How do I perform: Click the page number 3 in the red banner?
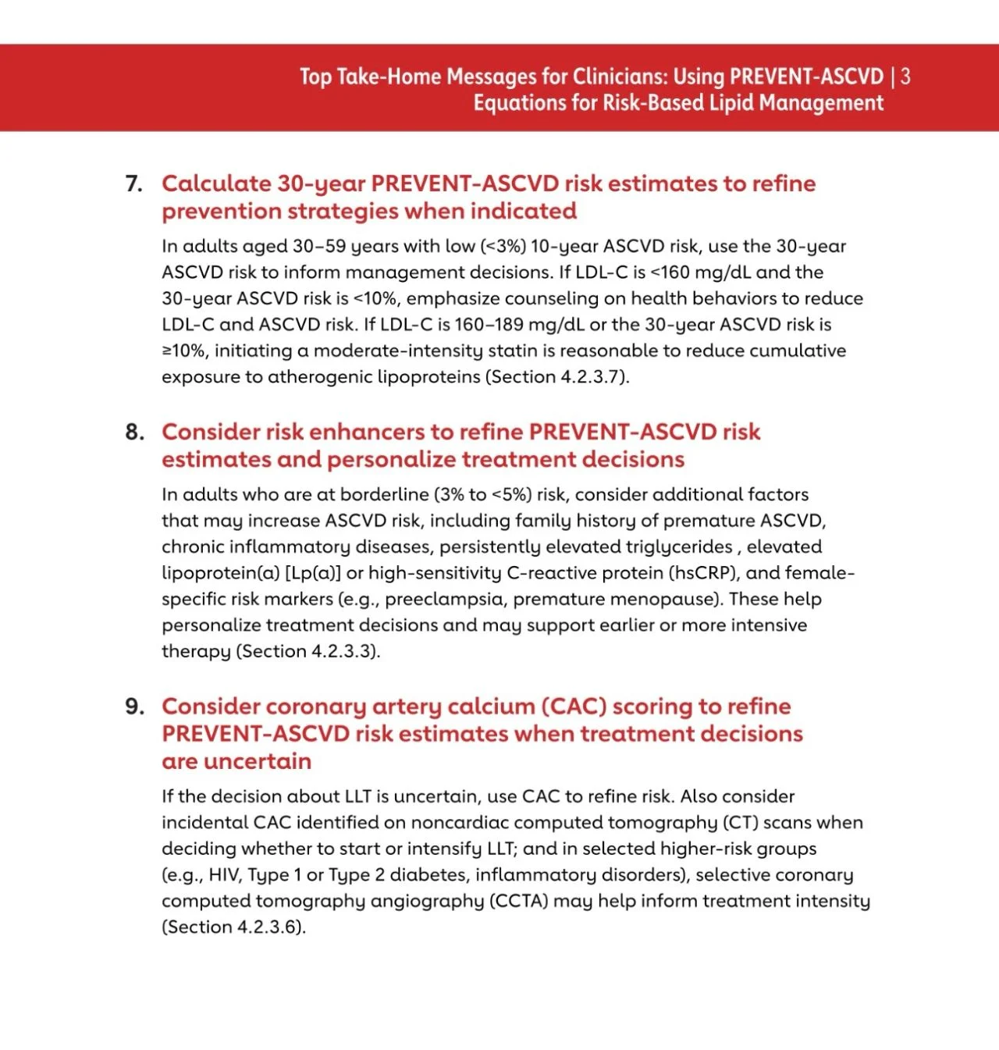point(905,77)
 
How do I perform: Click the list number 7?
point(133,183)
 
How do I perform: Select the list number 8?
point(134,432)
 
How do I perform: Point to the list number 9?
point(134,707)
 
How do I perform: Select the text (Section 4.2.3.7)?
point(557,376)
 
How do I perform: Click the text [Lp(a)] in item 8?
point(313,572)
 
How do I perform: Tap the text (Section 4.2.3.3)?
point(308,651)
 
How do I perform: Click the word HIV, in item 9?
point(225,874)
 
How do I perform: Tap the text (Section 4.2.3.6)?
point(234,927)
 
